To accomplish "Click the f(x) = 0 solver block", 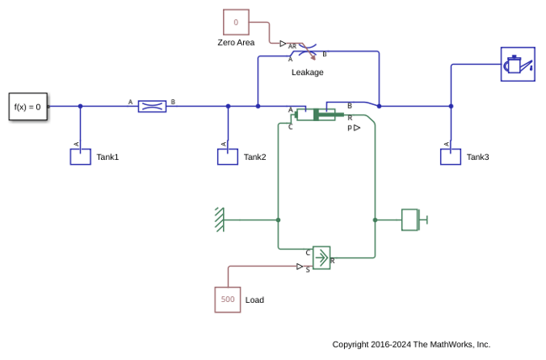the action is click(x=29, y=107).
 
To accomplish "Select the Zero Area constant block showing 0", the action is click(x=236, y=22).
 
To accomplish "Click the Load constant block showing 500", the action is click(x=228, y=299).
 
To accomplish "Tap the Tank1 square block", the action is click(x=81, y=156).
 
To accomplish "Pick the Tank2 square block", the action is click(x=228, y=156).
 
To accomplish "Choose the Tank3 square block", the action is click(x=451, y=156).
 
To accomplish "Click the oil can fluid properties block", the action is click(x=518, y=65).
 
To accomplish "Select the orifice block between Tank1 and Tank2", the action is click(x=152, y=107).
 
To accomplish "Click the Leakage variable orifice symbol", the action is click(x=307, y=51).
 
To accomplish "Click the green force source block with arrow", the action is click(x=321, y=258).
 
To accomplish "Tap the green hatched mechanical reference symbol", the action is click(x=220, y=220).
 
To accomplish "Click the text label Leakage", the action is click(x=307, y=72).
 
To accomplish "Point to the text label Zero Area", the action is click(x=236, y=42).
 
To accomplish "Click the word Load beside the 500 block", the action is click(x=255, y=300).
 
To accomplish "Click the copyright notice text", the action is click(x=411, y=345).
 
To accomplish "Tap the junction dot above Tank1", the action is click(x=81, y=106).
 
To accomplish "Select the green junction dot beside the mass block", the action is click(x=375, y=220).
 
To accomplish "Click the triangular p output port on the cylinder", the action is click(x=357, y=128).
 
